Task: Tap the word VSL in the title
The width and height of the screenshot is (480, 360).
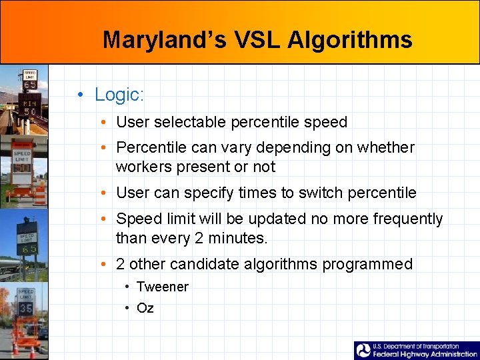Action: pos(258,40)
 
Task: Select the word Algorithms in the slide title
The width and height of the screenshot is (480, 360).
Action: pos(350,40)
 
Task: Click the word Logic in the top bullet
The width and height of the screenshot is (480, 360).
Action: pos(119,95)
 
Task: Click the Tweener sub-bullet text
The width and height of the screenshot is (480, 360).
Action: pos(163,287)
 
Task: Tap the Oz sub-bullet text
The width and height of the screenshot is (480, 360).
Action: pos(145,308)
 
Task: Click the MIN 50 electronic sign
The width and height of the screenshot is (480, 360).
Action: pos(31,107)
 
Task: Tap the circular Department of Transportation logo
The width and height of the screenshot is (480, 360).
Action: pos(363,351)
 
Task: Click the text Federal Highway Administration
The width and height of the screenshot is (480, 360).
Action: pos(425,354)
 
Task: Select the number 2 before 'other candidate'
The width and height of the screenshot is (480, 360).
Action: pos(121,264)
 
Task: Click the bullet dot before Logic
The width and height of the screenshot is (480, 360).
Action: pos(80,95)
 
